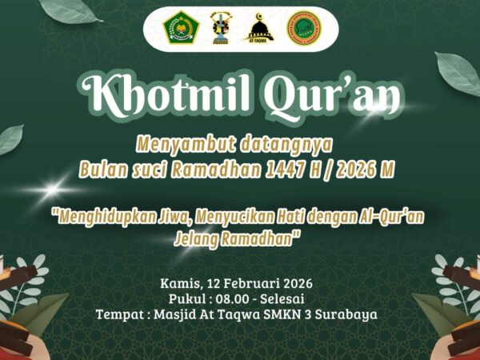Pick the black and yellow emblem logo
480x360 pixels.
point(220,29)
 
